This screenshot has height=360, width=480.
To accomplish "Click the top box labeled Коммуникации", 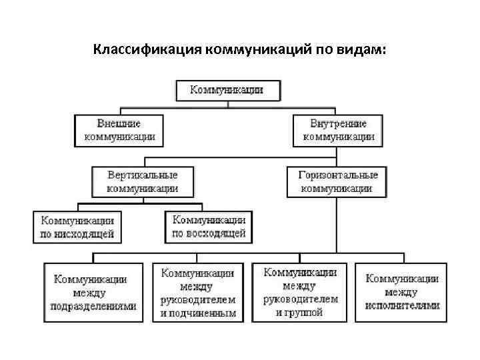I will [x=227, y=90].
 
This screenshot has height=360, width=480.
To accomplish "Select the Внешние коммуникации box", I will [x=119, y=130].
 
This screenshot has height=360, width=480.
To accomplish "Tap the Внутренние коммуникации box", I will [x=339, y=130].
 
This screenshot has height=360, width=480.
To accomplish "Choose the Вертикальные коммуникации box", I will [x=143, y=181].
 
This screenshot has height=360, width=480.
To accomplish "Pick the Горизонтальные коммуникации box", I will [x=337, y=181].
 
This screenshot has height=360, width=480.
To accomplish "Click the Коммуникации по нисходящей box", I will [x=77, y=227].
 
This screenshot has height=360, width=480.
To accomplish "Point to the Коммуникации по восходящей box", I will [x=209, y=227].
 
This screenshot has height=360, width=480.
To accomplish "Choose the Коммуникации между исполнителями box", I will [x=402, y=292].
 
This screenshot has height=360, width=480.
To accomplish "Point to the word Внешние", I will [x=119, y=124].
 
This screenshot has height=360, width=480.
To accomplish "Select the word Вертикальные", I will [x=143, y=175].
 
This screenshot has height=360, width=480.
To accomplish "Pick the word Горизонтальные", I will [x=337, y=175].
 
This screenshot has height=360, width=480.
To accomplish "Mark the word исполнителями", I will [x=402, y=305].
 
